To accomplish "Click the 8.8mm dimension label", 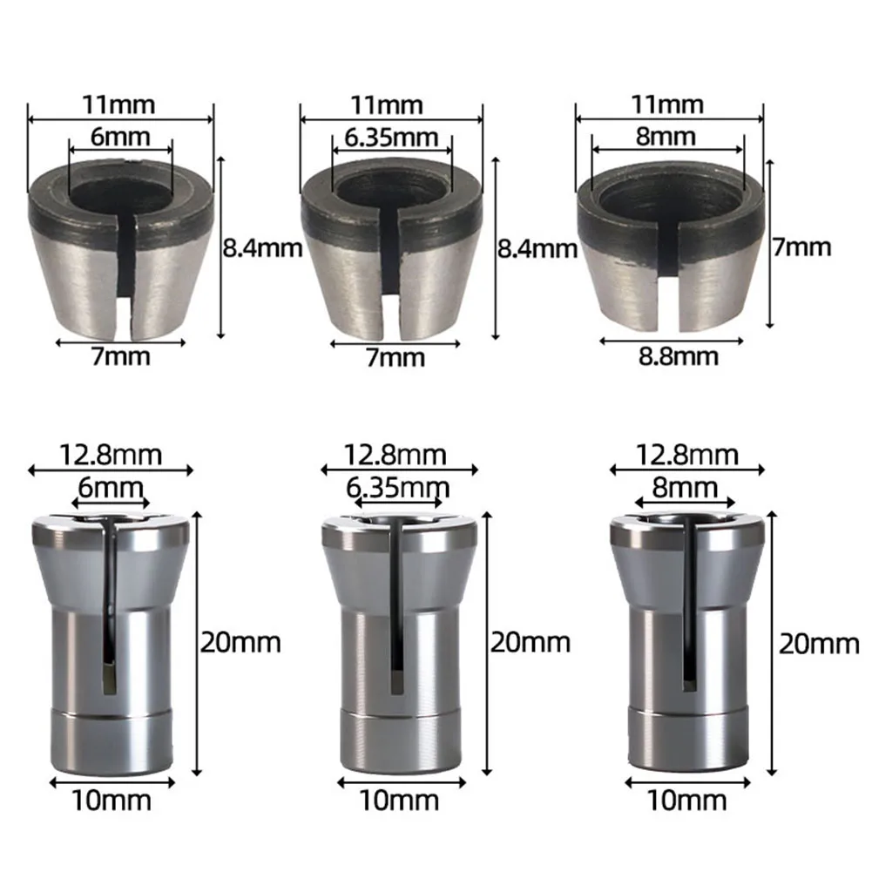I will click(x=669, y=355).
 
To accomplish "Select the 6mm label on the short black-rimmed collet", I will click(x=120, y=137).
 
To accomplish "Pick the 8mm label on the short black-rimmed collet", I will click(x=667, y=137).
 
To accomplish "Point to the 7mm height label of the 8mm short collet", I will click(x=802, y=247).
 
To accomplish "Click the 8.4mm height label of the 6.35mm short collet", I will click(x=537, y=249).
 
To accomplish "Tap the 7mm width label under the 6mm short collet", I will click(x=120, y=355).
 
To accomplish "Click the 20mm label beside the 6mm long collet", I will click(x=241, y=643).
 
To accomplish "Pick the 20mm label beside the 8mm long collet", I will click(x=819, y=645).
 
